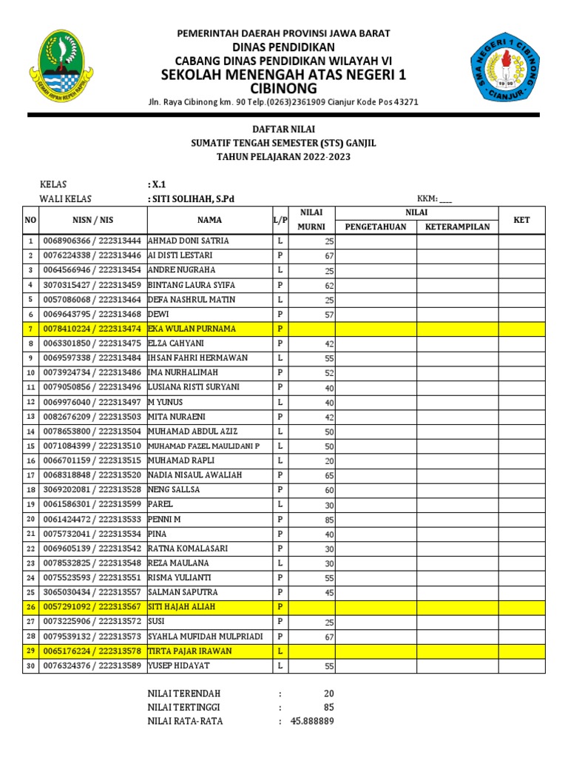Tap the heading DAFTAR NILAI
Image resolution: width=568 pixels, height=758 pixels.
(283, 128)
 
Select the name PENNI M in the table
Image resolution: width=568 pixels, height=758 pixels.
(164, 519)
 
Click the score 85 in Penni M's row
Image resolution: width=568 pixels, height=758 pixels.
(329, 520)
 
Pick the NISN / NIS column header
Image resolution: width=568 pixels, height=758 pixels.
(92, 219)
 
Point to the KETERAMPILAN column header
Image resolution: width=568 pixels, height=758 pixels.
(457, 227)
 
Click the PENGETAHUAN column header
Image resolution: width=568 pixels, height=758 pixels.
(376, 227)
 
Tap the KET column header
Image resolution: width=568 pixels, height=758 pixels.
(521, 219)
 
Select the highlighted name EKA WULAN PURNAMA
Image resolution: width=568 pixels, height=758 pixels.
(192, 328)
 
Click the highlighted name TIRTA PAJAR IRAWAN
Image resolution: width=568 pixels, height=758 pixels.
(190, 651)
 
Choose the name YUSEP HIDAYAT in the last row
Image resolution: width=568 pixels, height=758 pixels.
(179, 665)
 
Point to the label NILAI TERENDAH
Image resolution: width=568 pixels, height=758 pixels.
(184, 693)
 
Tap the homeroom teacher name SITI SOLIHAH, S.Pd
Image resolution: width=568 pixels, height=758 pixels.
(194, 198)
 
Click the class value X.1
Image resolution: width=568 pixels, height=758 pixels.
(157, 184)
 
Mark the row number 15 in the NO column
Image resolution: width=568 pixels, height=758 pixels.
(30, 446)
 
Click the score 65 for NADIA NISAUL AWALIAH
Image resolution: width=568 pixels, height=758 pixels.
(329, 475)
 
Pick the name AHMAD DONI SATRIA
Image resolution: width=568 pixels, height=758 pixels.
(189, 241)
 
